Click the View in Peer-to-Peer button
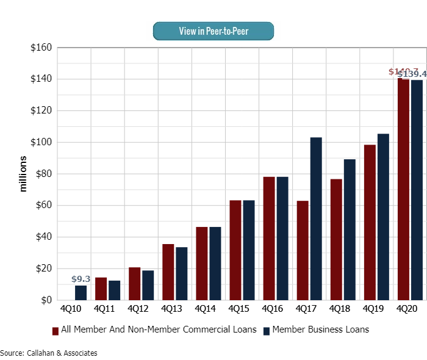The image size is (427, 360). point(213,31)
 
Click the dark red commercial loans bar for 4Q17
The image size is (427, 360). point(302,250)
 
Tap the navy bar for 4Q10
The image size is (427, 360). point(81,293)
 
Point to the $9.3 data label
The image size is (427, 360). point(81,279)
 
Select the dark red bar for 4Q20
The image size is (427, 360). point(403,189)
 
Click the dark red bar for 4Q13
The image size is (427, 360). point(168,272)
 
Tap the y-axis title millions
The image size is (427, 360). point(24,174)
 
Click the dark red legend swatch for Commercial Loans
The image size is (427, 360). point(56,330)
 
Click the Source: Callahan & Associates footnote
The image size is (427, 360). point(49,353)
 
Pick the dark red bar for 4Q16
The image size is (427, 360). point(268,238)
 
